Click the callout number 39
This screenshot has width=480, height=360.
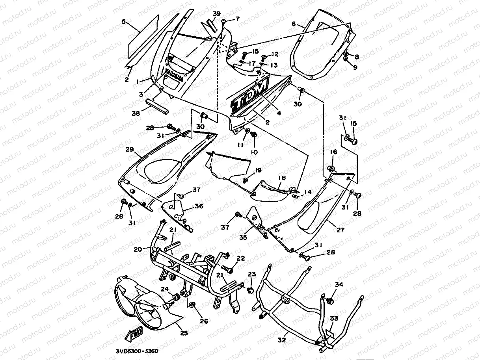pos(217,14)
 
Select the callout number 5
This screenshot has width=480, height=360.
pos(124,22)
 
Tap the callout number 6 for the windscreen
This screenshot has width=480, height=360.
pos(293,24)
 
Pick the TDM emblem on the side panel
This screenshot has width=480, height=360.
pos(249,96)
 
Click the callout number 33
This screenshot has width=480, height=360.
pos(334,318)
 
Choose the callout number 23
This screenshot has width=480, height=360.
pos(252,274)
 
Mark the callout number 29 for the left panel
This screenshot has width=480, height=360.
pos(130,149)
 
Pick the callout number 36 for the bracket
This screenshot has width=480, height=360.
pos(199,206)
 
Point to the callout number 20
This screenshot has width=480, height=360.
pos(138,249)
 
